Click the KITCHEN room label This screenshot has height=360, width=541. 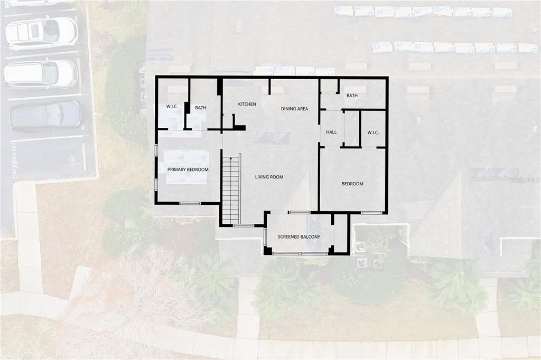(x=247, y=105)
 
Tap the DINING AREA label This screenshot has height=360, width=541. (x=294, y=109)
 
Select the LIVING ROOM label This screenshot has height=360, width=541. (x=269, y=177)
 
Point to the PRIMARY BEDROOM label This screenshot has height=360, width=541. (x=188, y=170)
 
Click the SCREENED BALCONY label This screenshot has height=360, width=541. (x=299, y=237)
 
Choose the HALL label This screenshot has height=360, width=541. (x=331, y=132)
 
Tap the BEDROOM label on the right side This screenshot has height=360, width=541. (x=352, y=184)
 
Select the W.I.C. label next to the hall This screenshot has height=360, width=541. (x=373, y=132)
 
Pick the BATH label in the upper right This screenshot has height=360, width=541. (x=352, y=96)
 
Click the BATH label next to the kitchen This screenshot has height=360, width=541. (x=200, y=108)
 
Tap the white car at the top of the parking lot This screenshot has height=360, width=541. (x=42, y=33)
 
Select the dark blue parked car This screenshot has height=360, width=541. (x=46, y=115)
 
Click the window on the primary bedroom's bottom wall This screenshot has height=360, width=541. (x=190, y=203)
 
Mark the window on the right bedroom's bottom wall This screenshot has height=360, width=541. (x=371, y=213)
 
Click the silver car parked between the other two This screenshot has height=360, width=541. (x=41, y=73)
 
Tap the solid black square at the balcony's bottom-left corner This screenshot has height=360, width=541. (x=268, y=251)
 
